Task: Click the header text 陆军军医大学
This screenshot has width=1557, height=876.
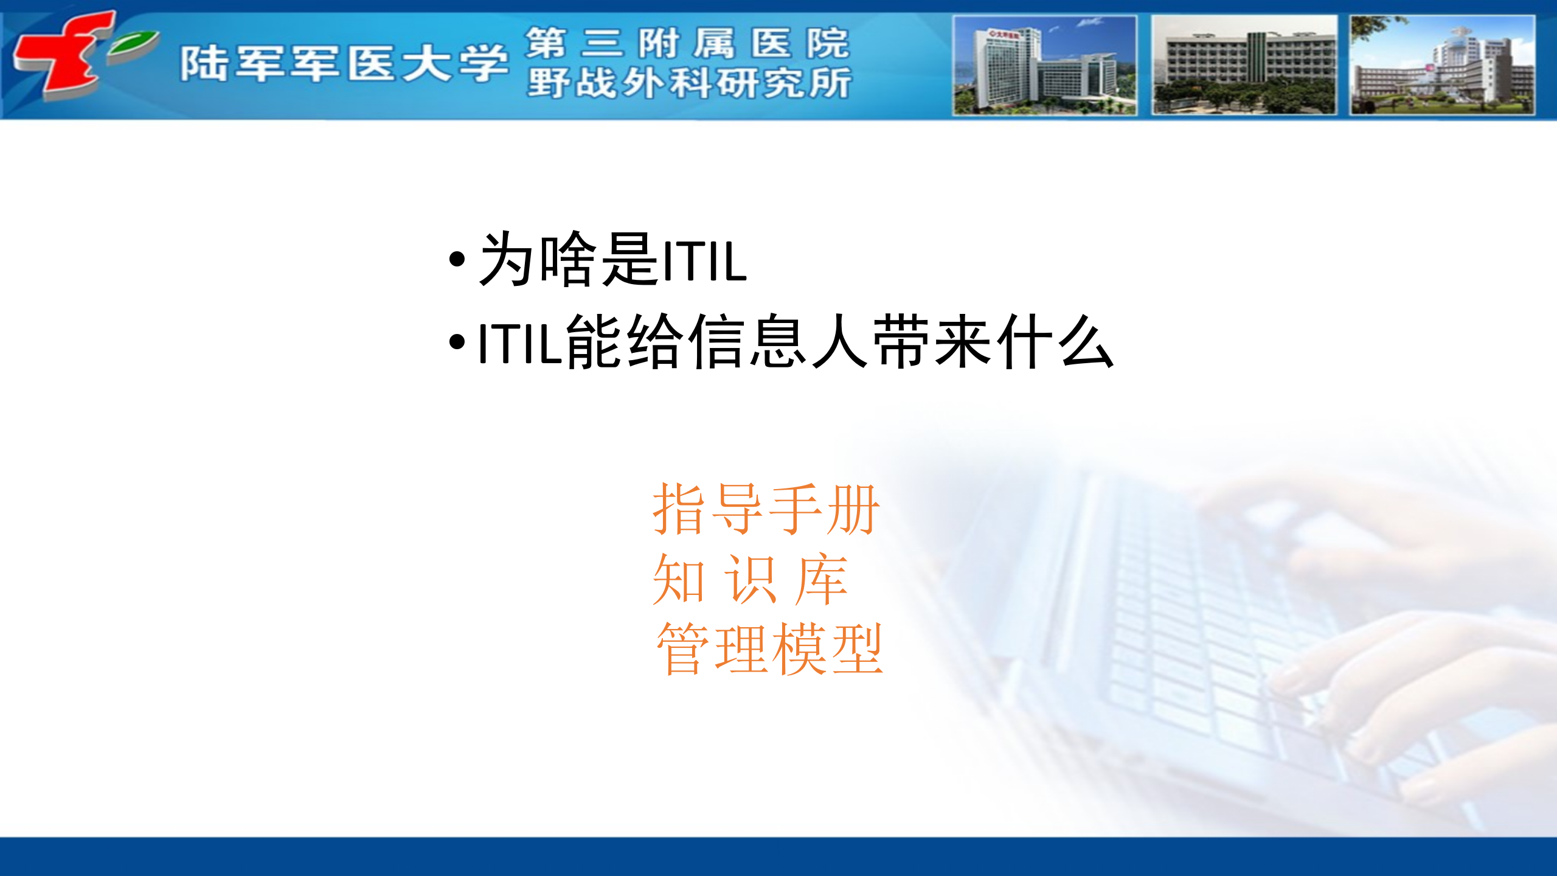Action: point(344,63)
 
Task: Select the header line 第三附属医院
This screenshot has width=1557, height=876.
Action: point(687,43)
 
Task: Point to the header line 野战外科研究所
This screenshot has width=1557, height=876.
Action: point(689,83)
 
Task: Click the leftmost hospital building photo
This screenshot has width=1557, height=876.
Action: point(1044,65)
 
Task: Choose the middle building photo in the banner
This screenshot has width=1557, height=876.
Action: point(1244,65)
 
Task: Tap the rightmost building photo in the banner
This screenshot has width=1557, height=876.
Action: point(1441,65)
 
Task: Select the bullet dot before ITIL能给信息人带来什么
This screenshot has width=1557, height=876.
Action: point(457,342)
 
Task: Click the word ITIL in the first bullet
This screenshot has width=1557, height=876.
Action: point(704,262)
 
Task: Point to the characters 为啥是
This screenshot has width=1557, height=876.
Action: point(569,260)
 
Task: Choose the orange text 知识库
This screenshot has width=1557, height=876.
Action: point(749,579)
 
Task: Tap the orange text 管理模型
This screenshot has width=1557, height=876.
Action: point(769,649)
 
